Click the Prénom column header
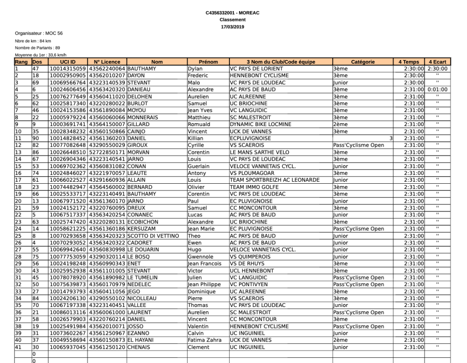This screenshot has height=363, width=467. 208,62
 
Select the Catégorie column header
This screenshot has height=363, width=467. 363,62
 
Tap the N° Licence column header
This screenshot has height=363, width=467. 107,62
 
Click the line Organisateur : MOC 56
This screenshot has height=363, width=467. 39,33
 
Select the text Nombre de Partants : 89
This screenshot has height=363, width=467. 37,48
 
